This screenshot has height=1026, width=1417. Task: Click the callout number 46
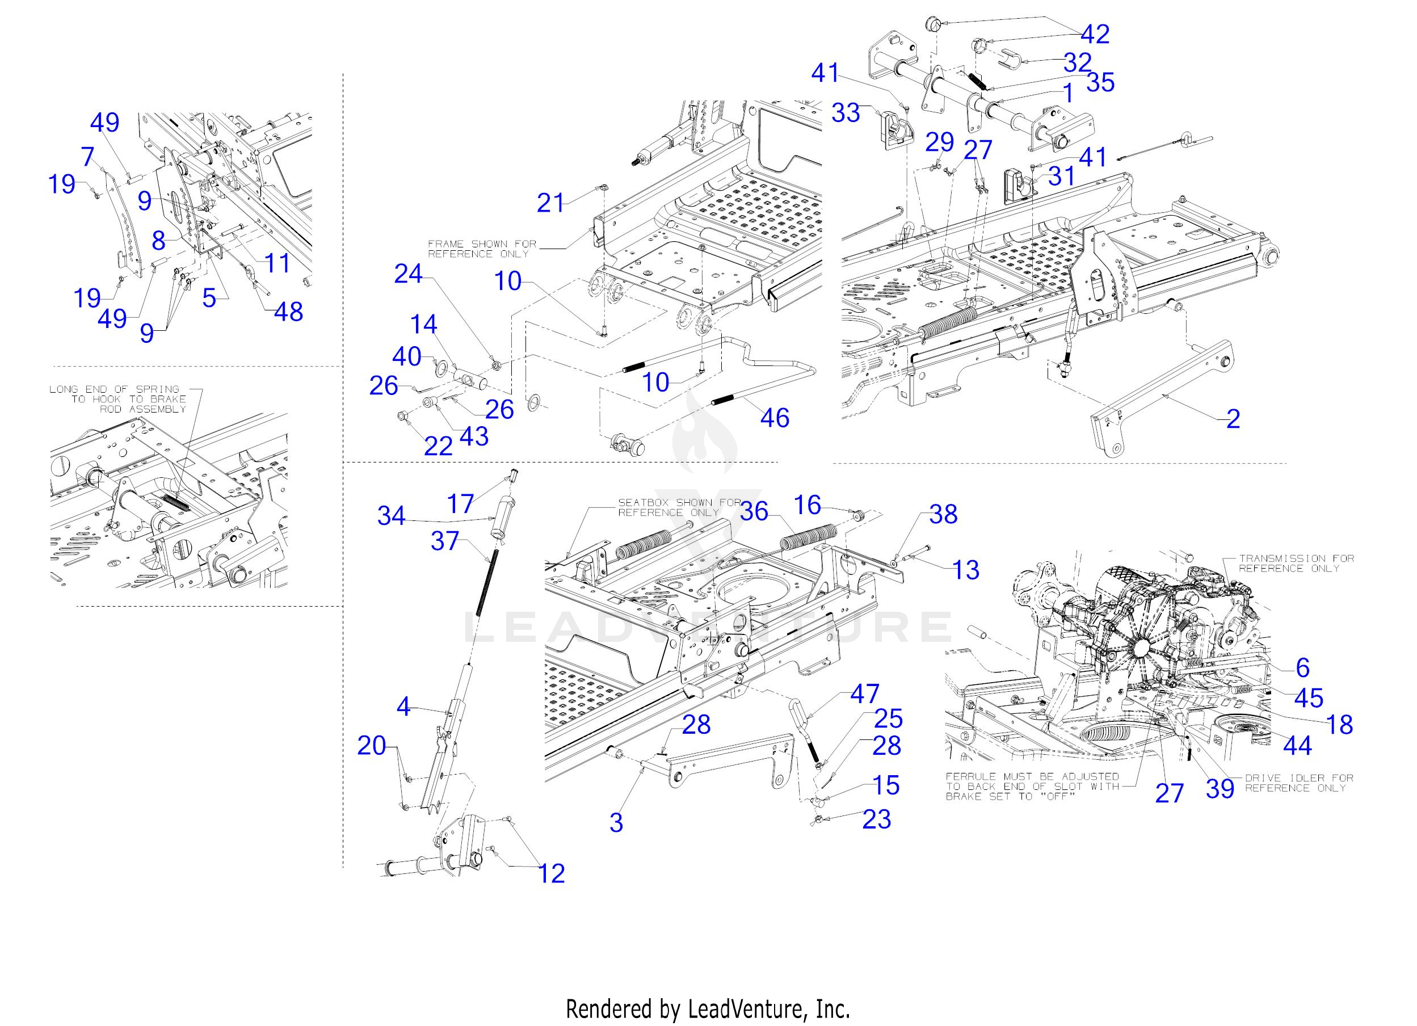point(775,418)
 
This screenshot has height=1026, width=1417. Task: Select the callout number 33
point(846,113)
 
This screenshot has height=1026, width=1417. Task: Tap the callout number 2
point(1233,419)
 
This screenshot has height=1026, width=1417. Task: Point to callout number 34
point(391,516)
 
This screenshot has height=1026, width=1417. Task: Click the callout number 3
point(616,823)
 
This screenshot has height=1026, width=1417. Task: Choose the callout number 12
point(551,873)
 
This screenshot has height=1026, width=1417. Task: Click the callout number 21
point(550,203)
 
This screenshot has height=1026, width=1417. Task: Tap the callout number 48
point(288,311)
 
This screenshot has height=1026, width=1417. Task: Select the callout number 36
point(754,511)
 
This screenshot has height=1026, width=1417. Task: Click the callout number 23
point(877,819)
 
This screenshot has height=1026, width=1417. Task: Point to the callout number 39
point(1220,789)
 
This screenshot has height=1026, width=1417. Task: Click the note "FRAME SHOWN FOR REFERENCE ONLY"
point(482,249)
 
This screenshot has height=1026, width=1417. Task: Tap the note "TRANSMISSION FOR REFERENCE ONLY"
point(1297,563)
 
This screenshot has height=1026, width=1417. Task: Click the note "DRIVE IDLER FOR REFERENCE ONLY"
point(1299,783)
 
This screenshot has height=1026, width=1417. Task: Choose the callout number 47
point(864,693)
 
